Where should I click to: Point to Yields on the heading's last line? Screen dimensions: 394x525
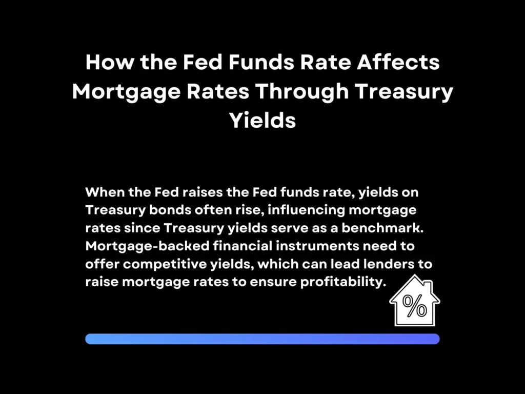point(262,121)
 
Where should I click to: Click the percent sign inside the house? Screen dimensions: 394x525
point(414,306)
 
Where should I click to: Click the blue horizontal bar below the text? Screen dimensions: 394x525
point(262,339)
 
